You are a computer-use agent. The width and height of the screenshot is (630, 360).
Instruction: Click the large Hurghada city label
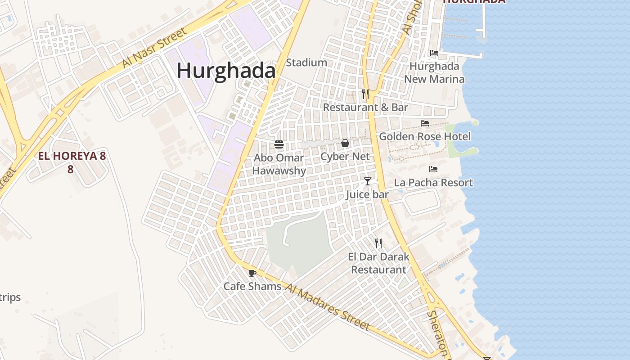[226, 71]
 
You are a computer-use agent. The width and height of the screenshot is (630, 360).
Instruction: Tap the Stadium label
[306, 63]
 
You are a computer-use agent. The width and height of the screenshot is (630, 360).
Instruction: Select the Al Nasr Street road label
[154, 48]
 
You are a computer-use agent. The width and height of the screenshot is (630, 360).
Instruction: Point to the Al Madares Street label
[328, 308]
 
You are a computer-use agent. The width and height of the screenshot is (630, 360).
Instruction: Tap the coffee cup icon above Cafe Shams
[252, 273]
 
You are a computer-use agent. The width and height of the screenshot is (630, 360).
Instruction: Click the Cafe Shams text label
[252, 286]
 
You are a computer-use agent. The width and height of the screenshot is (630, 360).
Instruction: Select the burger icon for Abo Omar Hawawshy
[279, 144]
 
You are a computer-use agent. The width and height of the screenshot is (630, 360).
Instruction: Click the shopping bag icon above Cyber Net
[345, 143]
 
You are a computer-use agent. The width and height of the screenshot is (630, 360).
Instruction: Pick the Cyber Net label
[345, 157]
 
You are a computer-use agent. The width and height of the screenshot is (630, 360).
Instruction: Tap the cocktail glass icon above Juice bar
[368, 181]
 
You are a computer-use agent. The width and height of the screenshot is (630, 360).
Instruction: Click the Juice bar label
[368, 194]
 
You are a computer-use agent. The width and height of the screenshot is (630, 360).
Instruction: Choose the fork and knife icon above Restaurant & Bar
[365, 94]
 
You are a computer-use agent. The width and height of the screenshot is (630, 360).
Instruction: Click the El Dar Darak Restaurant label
[378, 263]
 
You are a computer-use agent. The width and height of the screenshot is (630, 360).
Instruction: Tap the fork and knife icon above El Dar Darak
[378, 243]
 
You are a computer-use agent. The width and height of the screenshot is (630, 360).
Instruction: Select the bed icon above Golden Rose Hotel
[425, 123]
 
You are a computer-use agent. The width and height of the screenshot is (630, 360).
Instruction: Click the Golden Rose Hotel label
[425, 136]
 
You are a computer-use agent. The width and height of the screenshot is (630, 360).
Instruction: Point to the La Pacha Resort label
[433, 183]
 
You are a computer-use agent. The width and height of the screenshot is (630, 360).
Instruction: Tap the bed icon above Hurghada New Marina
[434, 53]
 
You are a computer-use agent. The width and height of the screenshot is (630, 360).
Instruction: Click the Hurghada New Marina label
[434, 73]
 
